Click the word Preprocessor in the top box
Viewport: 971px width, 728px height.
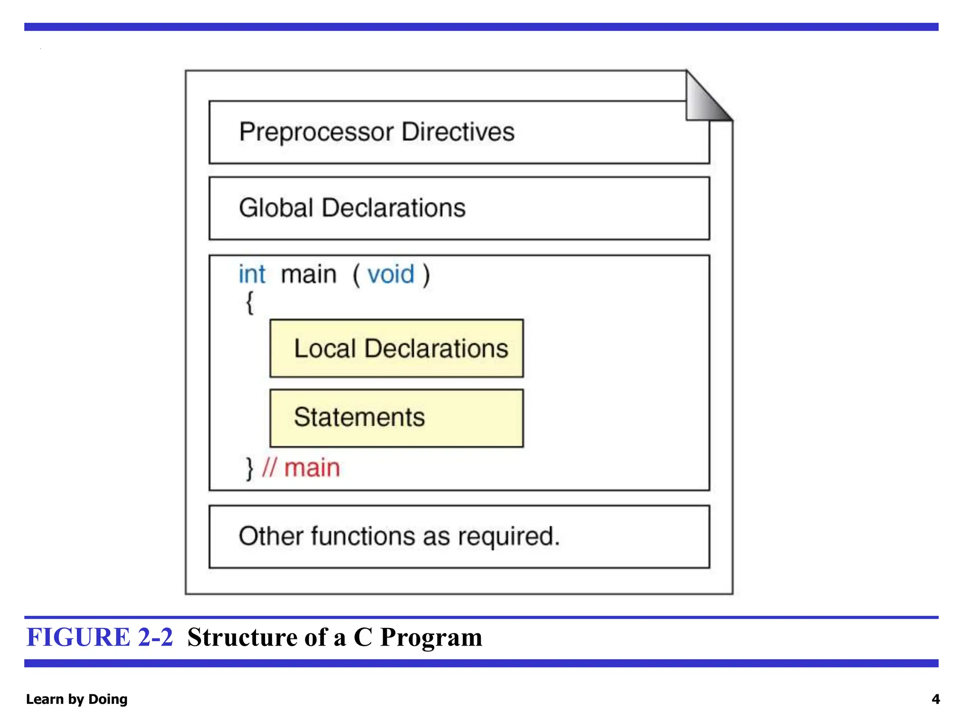pyautogui.click(x=316, y=132)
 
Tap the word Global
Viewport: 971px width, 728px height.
pyautogui.click(x=276, y=208)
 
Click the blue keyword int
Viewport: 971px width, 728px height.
pyautogui.click(x=252, y=274)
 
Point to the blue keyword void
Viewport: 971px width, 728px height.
pyautogui.click(x=391, y=274)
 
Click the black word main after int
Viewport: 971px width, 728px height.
pyautogui.click(x=309, y=274)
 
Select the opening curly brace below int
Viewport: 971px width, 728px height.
pyautogui.click(x=249, y=302)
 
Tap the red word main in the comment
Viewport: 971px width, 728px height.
pyautogui.click(x=312, y=468)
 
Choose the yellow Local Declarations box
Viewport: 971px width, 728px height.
pyautogui.click(x=396, y=348)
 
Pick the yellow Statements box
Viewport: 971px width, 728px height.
pyautogui.click(x=396, y=418)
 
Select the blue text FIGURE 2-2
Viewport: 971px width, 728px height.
pyautogui.click(x=100, y=637)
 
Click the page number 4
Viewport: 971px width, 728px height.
pyautogui.click(x=935, y=699)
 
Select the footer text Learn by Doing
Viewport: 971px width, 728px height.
pyautogui.click(x=77, y=699)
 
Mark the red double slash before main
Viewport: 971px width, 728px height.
pyautogui.click(x=269, y=468)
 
